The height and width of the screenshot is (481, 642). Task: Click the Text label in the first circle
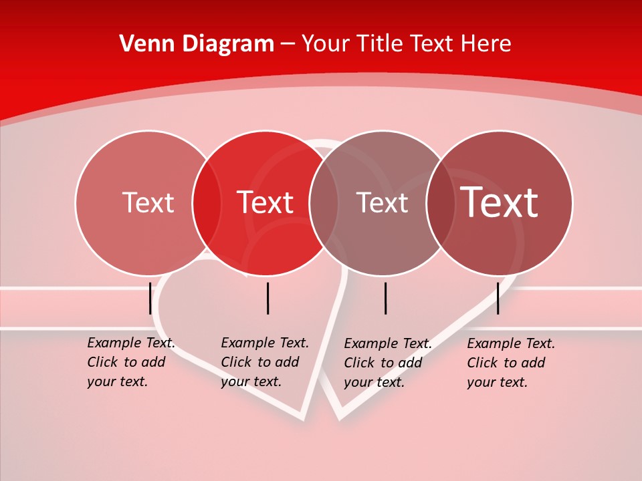pos(148,202)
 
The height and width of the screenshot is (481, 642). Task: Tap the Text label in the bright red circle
pos(265,202)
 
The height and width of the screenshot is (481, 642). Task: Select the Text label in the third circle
pos(382,202)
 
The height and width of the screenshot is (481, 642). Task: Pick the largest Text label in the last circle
pos(500,202)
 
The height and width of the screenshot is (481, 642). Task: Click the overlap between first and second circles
pos(207,202)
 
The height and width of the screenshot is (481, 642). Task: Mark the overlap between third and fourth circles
pos(441,202)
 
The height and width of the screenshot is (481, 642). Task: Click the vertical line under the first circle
pos(150,298)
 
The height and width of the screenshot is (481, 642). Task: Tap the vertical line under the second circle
pos(267,298)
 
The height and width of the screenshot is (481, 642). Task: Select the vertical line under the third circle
pos(386,298)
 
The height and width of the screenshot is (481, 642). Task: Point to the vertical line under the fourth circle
pos(498,298)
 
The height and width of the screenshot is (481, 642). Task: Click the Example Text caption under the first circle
pos(131,362)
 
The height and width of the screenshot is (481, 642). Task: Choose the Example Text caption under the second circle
pos(265,362)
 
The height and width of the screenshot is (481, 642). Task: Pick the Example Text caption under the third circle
pos(388,363)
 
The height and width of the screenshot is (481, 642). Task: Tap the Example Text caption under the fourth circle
pos(511,363)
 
